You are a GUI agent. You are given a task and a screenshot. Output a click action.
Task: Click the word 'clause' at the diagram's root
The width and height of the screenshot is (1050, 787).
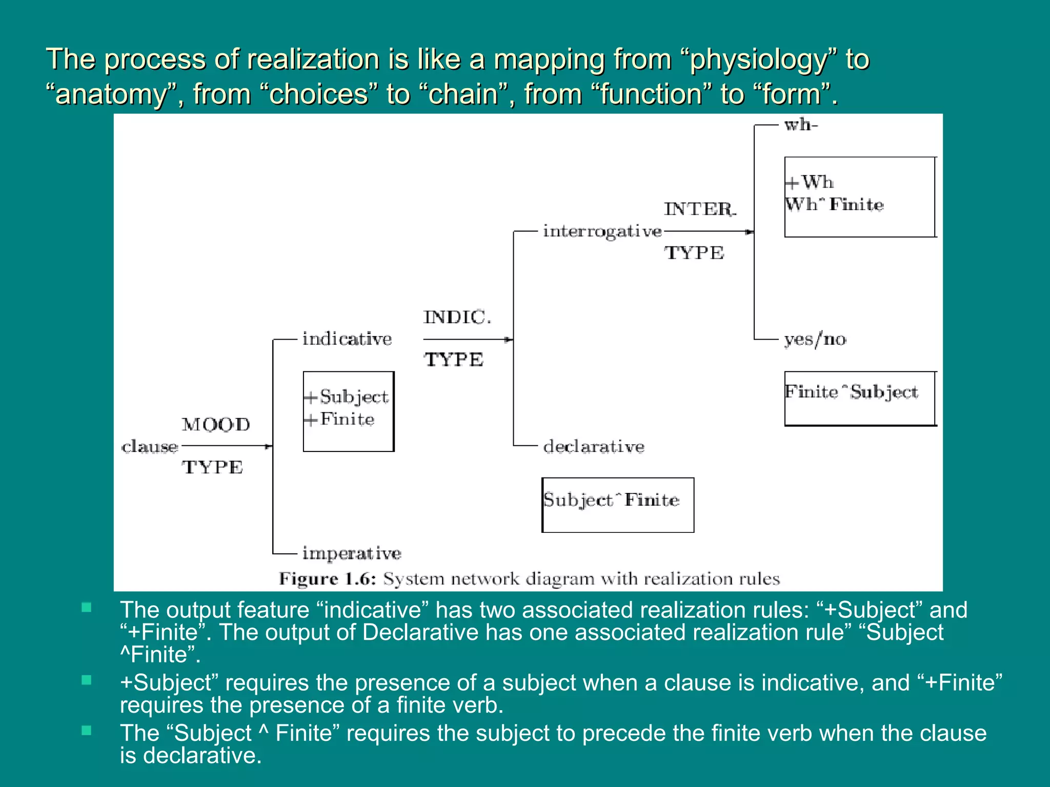coord(150,447)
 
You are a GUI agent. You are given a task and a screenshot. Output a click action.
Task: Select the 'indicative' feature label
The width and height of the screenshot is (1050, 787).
coord(347,339)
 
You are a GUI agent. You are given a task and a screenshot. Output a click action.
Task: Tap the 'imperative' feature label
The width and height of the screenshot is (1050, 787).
coord(352,553)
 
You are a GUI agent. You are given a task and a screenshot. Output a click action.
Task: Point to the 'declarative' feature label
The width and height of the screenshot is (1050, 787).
coord(594,447)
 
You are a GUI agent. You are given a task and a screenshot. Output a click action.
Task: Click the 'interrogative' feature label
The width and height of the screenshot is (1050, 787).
coord(602,232)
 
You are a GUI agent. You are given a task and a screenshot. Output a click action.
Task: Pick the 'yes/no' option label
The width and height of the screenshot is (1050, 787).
coord(815,339)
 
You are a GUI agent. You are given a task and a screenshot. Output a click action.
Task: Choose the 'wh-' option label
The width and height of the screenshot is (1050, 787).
coord(801,125)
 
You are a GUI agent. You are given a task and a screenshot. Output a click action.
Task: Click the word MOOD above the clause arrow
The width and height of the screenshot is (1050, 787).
coord(216,425)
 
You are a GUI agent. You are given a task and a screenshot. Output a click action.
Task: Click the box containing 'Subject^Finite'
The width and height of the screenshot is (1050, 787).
coord(618,505)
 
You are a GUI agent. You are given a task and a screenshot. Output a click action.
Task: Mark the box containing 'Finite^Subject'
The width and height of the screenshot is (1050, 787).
coord(860,399)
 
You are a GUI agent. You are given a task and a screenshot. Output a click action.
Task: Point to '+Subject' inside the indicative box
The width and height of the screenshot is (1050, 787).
coord(348,397)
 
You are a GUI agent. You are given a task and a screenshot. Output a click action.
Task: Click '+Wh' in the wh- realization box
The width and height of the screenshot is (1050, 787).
coord(810,182)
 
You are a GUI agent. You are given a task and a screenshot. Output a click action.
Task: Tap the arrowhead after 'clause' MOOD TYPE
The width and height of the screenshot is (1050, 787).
coord(268,447)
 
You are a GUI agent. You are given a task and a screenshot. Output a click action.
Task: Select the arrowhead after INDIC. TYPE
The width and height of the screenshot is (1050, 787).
coord(509,340)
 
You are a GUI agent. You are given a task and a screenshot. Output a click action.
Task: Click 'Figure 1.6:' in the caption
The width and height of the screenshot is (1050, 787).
coord(328,579)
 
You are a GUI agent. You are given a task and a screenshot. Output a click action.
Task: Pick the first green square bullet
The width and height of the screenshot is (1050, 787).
coord(86,608)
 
